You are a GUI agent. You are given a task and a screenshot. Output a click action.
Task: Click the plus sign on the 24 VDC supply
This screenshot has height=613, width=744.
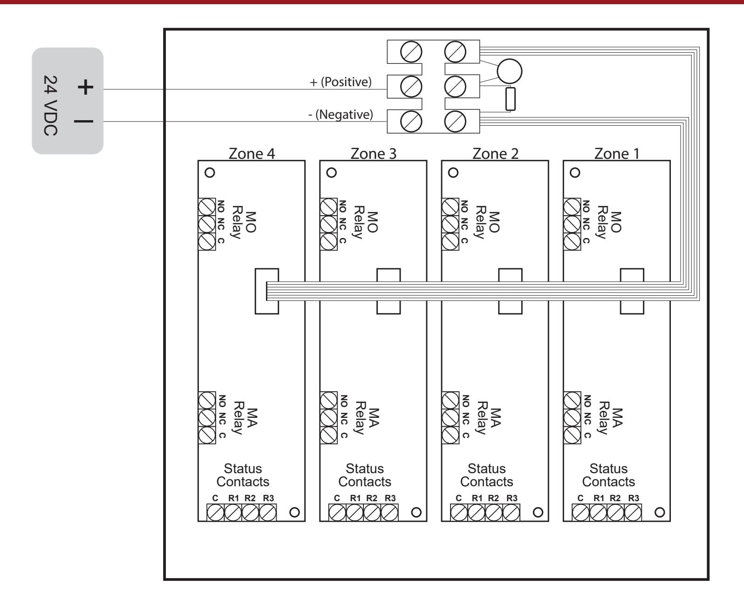click(x=85, y=87)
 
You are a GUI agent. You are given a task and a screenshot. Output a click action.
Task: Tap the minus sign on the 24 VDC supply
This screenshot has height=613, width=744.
click(x=83, y=122)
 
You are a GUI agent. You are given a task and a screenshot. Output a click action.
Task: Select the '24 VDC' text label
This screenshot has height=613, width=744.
click(x=50, y=105)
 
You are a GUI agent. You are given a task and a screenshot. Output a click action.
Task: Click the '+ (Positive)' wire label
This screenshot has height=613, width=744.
click(x=341, y=82)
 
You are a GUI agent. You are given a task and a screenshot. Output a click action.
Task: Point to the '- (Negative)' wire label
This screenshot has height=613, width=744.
click(x=341, y=115)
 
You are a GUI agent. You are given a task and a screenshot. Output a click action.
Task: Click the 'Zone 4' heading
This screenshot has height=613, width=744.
click(x=252, y=154)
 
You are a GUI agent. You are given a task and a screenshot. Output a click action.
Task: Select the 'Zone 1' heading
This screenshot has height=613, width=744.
click(x=617, y=154)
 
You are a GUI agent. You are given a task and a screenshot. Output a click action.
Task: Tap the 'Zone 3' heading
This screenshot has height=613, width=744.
click(x=374, y=154)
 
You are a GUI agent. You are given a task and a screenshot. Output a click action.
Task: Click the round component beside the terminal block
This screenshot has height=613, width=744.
click(x=510, y=71)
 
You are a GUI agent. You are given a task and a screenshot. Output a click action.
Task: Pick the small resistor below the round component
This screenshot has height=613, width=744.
click(x=510, y=99)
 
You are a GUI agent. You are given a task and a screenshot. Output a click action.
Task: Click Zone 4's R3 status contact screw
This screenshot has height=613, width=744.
click(x=268, y=513)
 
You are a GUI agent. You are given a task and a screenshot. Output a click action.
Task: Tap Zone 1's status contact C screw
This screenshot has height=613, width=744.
click(x=580, y=513)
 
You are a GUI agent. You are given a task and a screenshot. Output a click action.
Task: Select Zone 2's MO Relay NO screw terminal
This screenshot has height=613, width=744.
click(x=450, y=207)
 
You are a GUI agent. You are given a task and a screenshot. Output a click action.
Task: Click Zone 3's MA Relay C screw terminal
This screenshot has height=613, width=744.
click(x=328, y=435)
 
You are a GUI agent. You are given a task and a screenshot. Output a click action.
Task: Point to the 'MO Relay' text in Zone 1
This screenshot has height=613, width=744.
click(x=610, y=222)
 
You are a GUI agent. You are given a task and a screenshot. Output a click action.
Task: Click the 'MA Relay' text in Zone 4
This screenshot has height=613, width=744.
click(x=245, y=418)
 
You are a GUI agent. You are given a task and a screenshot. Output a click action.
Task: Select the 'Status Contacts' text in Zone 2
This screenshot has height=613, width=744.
click(x=487, y=475)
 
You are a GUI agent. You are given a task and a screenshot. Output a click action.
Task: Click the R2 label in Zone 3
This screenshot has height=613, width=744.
click(x=372, y=498)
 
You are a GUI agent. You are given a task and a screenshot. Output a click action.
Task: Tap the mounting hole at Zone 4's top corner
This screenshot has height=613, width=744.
click(x=210, y=173)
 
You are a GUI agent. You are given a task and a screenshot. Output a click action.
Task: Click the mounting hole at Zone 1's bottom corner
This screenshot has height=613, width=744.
click(x=660, y=512)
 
